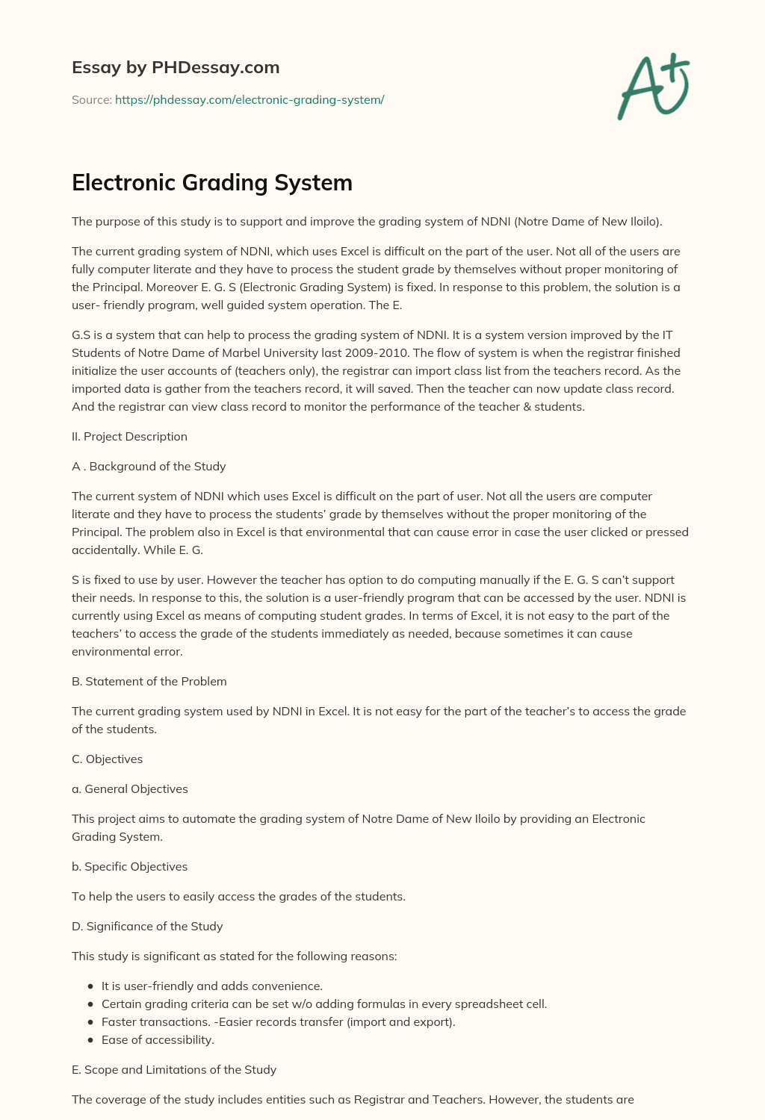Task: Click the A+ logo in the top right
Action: pos(654,87)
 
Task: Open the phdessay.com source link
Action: pos(250,99)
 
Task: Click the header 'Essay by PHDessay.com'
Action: pos(176,67)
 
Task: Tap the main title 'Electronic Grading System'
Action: pos(212,182)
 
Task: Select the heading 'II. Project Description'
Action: pos(129,436)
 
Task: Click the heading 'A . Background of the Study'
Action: pos(149,466)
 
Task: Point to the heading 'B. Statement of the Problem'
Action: pos(149,681)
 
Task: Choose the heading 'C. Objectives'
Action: pos(107,759)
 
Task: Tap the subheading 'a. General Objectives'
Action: pos(129,788)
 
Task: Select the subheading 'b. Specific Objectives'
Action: pos(129,866)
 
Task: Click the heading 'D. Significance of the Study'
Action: pos(147,926)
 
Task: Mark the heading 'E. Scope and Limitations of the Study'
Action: pos(174,1069)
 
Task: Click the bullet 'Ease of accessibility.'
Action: pos(158,1039)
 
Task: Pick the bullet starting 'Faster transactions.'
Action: pos(278,1021)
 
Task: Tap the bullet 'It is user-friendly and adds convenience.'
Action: pos(212,986)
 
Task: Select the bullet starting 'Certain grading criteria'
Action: pos(324,1004)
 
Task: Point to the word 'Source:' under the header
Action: pos(91,99)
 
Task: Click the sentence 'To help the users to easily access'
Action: pos(238,896)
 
